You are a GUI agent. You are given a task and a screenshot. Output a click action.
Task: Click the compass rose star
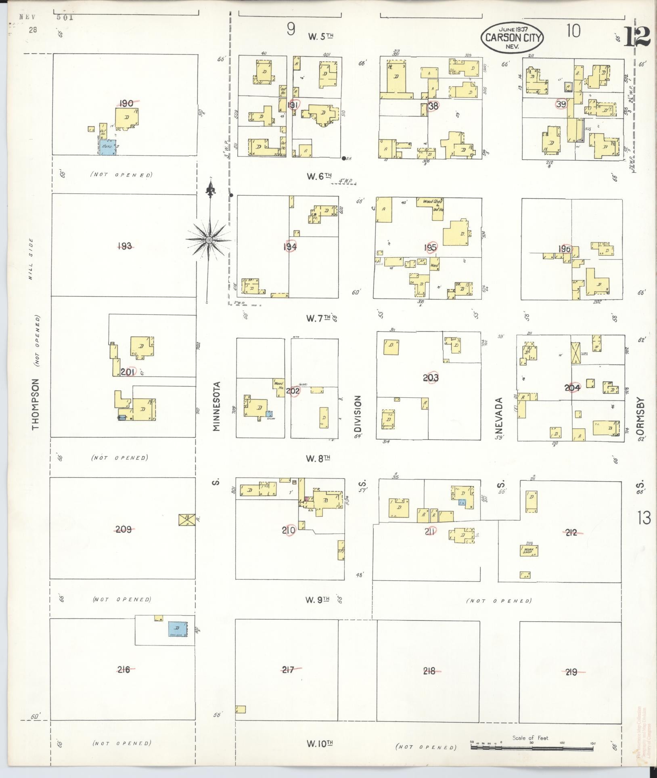(x=209, y=240)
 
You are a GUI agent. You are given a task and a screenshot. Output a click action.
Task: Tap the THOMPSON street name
(x=36, y=403)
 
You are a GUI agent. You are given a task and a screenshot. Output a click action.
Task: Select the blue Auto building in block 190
(x=109, y=147)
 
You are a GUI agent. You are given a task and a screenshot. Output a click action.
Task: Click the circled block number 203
(x=431, y=378)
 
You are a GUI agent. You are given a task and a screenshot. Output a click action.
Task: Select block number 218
(x=429, y=671)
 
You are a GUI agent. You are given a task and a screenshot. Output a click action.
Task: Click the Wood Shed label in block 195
(x=432, y=201)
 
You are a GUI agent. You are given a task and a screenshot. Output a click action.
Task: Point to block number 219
(x=571, y=672)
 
